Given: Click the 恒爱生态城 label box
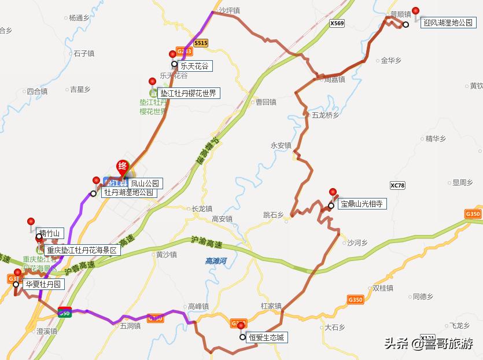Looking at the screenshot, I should tap(267, 337).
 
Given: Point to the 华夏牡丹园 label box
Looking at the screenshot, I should tap(42, 285).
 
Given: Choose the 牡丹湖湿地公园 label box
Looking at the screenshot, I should tap(128, 193).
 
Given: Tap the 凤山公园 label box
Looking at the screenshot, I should tap(144, 183).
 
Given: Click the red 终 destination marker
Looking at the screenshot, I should tap(123, 166).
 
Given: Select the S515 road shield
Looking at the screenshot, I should tap(201, 43).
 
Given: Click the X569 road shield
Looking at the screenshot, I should tap(337, 24).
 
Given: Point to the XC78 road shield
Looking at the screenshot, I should tap(398, 185).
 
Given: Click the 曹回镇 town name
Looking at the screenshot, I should tap(266, 102).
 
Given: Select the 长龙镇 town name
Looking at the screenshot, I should tap(202, 209).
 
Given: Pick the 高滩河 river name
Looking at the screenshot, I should tap(216, 261).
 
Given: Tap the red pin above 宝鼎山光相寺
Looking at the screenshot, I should tap(333, 193).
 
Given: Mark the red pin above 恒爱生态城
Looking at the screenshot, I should tap(241, 326).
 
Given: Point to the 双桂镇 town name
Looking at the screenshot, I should tap(383, 288).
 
